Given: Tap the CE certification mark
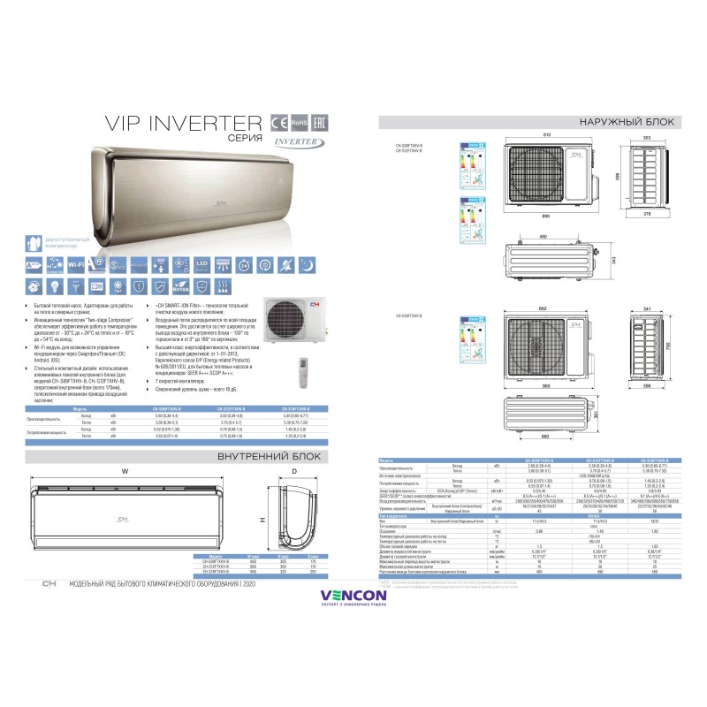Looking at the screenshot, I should (280, 121).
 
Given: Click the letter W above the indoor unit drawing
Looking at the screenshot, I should (125, 470).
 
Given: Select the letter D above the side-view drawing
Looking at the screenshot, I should (293, 470).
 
